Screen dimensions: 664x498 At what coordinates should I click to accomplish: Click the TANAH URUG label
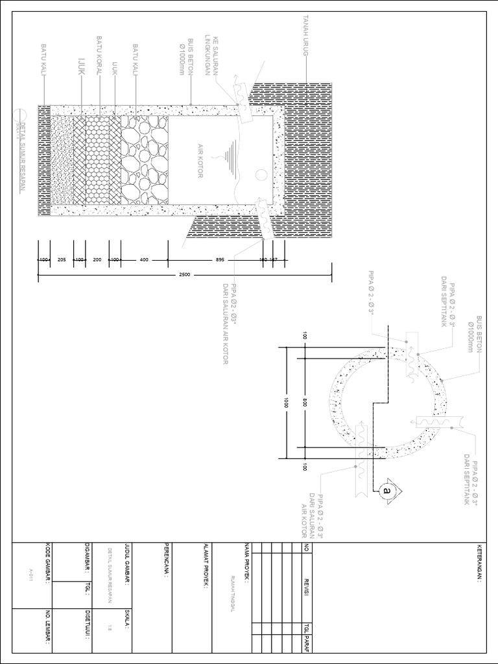[x=303, y=36]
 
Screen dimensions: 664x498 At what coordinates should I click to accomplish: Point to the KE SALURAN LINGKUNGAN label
[x=212, y=55]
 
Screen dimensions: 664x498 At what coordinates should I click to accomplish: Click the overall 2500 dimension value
[x=184, y=276]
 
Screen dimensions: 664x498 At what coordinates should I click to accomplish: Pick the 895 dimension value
[x=220, y=259]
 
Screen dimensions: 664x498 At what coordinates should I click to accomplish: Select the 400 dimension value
[x=144, y=259]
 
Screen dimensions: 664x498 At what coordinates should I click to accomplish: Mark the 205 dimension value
[x=62, y=259]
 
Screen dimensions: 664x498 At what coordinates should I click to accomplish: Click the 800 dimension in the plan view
[x=303, y=403]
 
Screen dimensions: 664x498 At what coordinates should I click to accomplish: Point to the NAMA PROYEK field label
[x=246, y=560]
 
